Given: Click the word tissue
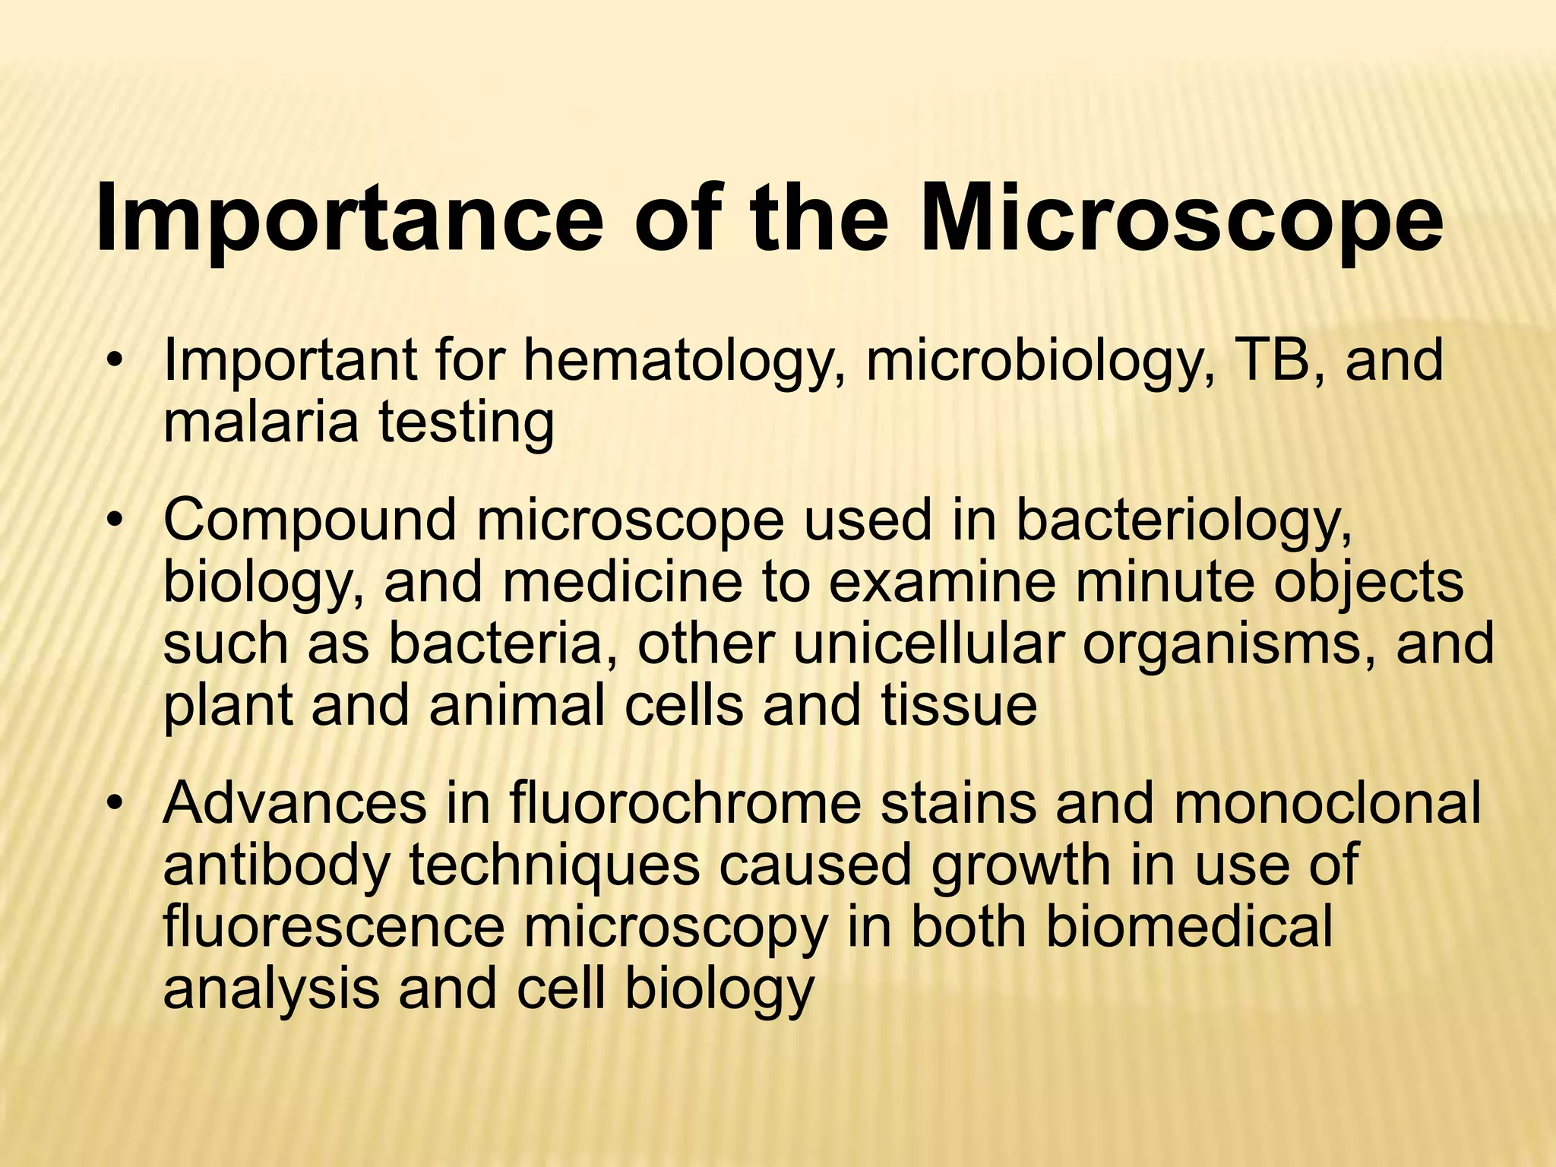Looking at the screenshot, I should pyautogui.click(x=959, y=705).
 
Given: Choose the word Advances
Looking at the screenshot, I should pyautogui.click(x=295, y=804).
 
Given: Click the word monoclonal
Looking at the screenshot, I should pyautogui.click(x=1327, y=804).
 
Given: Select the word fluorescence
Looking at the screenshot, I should pyautogui.click(x=334, y=927).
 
